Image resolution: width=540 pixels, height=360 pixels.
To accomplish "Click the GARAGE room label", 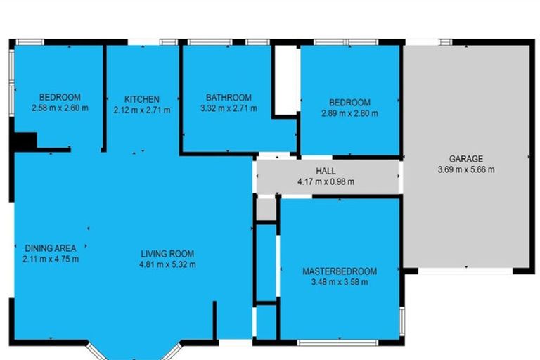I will coord(466,159).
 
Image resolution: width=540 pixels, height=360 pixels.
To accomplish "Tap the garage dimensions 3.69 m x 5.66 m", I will coord(466,169).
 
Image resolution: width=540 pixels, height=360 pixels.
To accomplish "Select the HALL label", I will coord(326,171).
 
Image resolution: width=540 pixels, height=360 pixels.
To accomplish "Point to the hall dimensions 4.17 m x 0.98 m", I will coord(326,181).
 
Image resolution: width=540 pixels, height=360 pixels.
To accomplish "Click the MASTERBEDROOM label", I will coord(340,271).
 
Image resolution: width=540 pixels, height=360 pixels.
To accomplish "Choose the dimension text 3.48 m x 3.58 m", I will coord(340,283).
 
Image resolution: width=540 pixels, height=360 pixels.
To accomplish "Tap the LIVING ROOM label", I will coord(167,254).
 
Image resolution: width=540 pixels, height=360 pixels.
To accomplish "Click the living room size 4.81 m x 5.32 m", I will coord(167,265).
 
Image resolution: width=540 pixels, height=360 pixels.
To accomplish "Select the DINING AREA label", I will coord(51,248).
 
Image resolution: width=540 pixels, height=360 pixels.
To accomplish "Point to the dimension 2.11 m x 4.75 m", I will coord(51,259).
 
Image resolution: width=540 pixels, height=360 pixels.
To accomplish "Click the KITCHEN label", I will coord(142,99).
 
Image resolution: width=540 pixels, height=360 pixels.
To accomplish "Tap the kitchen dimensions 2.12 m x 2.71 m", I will coord(142,110).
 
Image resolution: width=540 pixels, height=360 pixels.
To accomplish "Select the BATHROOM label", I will coord(229,98).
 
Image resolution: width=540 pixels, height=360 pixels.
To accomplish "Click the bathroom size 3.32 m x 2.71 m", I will coord(229,109).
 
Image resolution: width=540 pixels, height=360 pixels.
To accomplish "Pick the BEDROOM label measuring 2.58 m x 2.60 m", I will coord(60,98).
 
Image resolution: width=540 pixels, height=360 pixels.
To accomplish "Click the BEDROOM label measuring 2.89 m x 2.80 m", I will coord(349,103).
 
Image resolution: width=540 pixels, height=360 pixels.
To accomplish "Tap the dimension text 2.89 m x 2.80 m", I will coord(349,113).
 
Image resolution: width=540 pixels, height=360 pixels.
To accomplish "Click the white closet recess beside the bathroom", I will coord(286,79).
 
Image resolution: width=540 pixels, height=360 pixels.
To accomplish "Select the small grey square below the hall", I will coord(265,209).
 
